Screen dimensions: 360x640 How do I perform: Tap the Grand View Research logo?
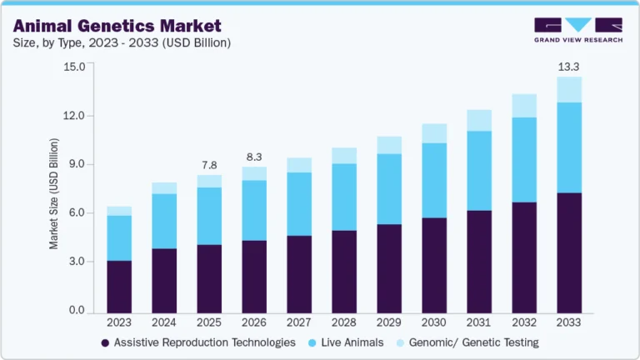click(x=578, y=29)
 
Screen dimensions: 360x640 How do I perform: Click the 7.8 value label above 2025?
click(x=209, y=165)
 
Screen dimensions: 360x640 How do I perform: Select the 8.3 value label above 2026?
click(x=254, y=157)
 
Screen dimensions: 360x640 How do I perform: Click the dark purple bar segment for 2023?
click(x=119, y=286)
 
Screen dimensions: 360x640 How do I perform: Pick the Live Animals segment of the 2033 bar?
click(x=569, y=147)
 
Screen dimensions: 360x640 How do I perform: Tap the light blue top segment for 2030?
click(x=434, y=133)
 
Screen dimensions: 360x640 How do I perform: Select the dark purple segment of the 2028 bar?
click(x=344, y=271)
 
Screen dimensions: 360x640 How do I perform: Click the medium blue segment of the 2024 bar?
click(x=164, y=221)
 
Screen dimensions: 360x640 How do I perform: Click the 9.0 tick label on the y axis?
click(x=77, y=164)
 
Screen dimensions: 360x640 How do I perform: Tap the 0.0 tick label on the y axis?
click(x=77, y=311)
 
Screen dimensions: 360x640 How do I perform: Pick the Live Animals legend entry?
click(x=349, y=342)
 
